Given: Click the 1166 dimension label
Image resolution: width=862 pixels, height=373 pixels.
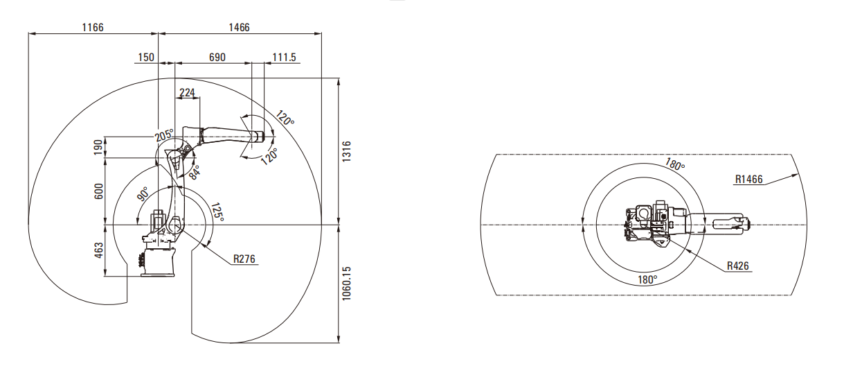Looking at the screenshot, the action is point(93,27).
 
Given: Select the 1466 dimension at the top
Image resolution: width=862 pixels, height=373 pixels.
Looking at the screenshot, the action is point(239,27).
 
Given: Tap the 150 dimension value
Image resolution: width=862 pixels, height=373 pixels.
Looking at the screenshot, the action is point(146,58).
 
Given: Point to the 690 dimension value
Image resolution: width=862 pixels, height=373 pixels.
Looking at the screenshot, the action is point(217,58).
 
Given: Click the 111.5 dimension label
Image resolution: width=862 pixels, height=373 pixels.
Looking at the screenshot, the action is point(284,58).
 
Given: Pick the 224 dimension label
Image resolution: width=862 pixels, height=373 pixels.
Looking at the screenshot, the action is point(188,92).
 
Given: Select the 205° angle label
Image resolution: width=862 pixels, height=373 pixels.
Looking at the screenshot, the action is point(164,135).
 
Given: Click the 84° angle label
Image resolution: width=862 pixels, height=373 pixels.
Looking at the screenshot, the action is point(195,173).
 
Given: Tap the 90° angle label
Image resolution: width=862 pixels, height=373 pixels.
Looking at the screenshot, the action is point(143,194).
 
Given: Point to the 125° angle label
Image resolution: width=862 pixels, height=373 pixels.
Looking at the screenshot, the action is point(217,211).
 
